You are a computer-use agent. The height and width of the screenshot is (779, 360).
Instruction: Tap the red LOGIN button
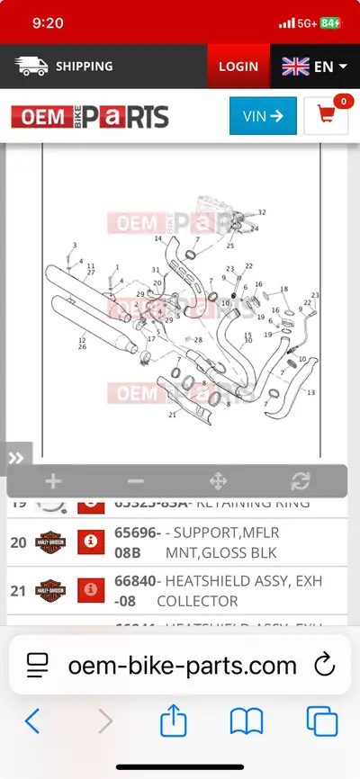click(x=238, y=67)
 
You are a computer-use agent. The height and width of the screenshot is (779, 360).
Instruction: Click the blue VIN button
click(x=263, y=115)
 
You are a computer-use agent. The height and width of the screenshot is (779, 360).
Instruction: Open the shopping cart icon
click(x=325, y=116)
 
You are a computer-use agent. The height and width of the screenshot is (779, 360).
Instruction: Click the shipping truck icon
click(x=31, y=67)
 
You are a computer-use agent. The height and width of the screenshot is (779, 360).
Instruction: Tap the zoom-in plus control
click(x=53, y=480)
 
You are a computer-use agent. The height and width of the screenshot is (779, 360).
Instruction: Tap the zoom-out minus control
click(x=135, y=480)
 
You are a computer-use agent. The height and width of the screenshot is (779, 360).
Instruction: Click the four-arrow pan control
click(x=217, y=480)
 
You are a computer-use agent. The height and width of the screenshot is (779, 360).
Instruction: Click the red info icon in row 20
click(x=90, y=542)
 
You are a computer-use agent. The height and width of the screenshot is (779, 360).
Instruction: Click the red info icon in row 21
click(x=90, y=590)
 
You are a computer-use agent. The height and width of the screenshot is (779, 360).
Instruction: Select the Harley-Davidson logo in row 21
click(x=50, y=590)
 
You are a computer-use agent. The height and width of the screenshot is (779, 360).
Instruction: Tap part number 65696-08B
click(x=138, y=542)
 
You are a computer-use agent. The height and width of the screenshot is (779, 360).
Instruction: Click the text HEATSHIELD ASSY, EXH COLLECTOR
click(x=238, y=591)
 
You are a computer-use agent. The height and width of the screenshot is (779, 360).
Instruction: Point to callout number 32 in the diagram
click(x=262, y=212)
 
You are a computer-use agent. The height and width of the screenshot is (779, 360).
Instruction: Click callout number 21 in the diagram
click(x=172, y=415)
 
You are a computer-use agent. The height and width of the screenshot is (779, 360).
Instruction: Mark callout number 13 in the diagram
click(x=311, y=393)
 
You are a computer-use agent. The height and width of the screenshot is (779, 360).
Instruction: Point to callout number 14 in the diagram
click(x=157, y=238)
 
